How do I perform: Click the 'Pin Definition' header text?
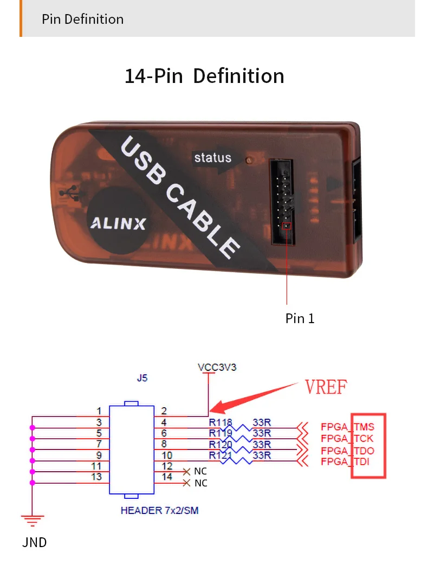pyautogui.click(x=83, y=20)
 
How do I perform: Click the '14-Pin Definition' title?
pyautogui.click(x=204, y=76)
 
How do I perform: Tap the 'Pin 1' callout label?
pyautogui.click(x=300, y=318)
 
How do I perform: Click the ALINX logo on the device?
pyautogui.click(x=116, y=222)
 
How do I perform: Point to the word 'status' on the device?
pyautogui.click(x=212, y=158)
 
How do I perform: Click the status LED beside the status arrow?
pyautogui.click(x=249, y=160)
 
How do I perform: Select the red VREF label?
pyautogui.click(x=326, y=387)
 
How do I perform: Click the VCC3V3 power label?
pyautogui.click(x=217, y=367)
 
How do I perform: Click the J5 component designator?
pyautogui.click(x=142, y=378)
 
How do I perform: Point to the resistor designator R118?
pyautogui.click(x=221, y=422)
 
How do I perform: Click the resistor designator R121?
pyautogui.click(x=221, y=455)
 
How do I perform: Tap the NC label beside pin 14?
pyautogui.click(x=200, y=483)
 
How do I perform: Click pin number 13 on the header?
pyautogui.click(x=96, y=477)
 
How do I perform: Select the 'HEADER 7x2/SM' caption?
pyautogui.click(x=159, y=510)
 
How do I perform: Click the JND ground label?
pyautogui.click(x=35, y=542)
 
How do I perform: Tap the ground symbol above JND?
pyautogui.click(x=32, y=521)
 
